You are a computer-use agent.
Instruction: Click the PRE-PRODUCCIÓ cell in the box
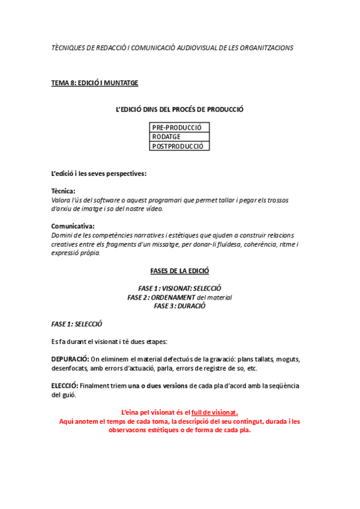[179, 128]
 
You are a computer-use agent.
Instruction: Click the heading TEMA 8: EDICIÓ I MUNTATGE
[95, 83]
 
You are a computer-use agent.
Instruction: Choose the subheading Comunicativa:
[73, 226]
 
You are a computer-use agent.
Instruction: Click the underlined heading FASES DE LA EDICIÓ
[179, 271]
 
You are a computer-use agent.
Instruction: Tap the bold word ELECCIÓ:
[65, 385]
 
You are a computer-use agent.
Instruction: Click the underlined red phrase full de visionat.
[215, 412]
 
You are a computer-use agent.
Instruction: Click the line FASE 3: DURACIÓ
[179, 306]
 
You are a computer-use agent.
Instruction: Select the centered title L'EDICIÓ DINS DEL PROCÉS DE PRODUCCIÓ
[179, 109]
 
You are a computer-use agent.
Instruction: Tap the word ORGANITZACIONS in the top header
[265, 47]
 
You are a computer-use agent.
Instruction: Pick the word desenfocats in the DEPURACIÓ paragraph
[70, 368]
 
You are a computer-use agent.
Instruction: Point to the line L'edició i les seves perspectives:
[99, 174]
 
